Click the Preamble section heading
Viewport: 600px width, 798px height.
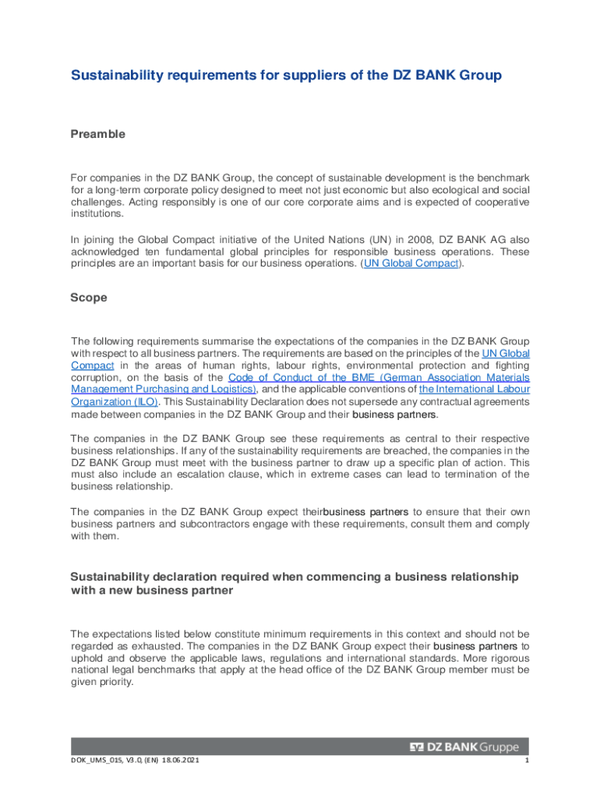98,134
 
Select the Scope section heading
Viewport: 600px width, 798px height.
89,298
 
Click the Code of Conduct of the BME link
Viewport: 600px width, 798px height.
296,377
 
